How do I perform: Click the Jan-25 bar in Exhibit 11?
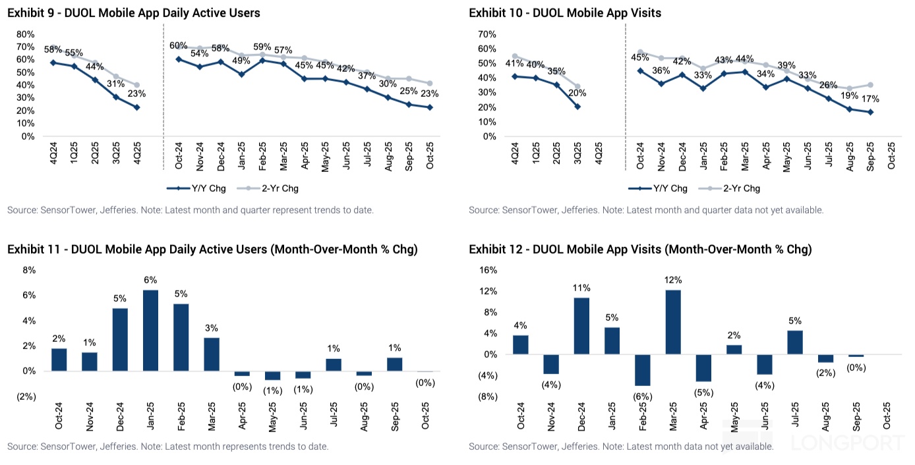click(150, 330)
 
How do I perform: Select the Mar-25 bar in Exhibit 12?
click(673, 322)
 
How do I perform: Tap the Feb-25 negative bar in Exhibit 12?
click(642, 370)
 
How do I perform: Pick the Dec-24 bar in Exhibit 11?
click(120, 339)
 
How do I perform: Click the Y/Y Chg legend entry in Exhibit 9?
click(197, 188)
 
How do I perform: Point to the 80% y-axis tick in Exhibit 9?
click(25, 34)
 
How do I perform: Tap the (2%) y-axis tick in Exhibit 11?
click(26, 397)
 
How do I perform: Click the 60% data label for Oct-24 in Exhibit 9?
click(178, 45)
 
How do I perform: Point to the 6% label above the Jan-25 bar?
click(150, 280)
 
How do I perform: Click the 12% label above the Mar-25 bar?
click(673, 280)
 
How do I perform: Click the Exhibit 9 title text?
click(134, 13)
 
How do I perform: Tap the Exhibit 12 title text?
click(640, 250)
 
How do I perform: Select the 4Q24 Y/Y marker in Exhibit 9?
click(52, 63)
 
